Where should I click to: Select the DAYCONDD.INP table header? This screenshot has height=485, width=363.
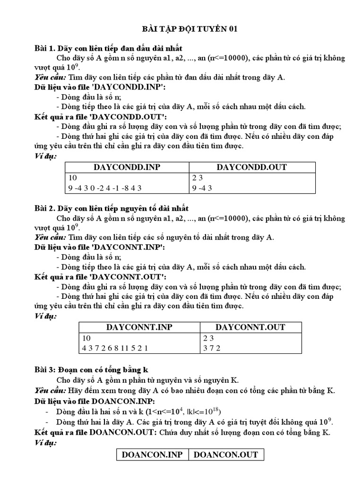click(127, 167)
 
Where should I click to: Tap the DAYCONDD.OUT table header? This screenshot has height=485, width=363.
click(251, 167)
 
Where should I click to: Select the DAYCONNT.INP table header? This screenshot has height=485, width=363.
click(139, 327)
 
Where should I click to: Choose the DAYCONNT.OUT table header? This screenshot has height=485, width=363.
click(251, 327)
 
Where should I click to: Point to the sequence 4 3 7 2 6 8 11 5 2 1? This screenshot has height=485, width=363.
click(115, 348)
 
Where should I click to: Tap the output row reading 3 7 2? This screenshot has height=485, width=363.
click(212, 348)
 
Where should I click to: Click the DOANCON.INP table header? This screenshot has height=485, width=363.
click(152, 455)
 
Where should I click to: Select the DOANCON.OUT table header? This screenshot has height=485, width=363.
click(226, 455)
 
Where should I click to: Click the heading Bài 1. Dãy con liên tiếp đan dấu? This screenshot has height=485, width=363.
click(109, 49)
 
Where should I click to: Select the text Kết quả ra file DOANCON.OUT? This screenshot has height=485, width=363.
click(95, 432)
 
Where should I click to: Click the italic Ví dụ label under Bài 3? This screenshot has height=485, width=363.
click(45, 443)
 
